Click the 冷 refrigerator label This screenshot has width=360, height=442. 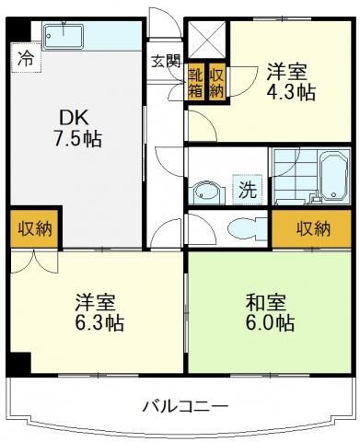[x=26, y=58]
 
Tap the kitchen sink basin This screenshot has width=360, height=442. [x=63, y=37]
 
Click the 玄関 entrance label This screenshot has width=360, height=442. [x=166, y=62]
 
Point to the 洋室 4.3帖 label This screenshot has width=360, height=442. [x=291, y=82]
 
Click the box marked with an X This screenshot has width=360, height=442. [x=206, y=40]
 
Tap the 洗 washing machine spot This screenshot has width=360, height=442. [x=248, y=190]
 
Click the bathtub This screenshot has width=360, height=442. [x=334, y=177]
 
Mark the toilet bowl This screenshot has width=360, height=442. [x=248, y=228]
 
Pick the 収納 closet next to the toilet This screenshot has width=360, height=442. [x=311, y=228]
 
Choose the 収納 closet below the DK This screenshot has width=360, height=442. [x=34, y=228]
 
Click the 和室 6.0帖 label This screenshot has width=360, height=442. [x=270, y=312]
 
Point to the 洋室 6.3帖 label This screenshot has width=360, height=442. [x=99, y=312]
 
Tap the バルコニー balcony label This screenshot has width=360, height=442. [x=186, y=407]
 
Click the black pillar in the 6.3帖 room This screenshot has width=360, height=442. [x=18, y=365]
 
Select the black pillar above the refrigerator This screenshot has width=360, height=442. [x=18, y=29]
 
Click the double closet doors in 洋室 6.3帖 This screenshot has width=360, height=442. [x=34, y=262]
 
